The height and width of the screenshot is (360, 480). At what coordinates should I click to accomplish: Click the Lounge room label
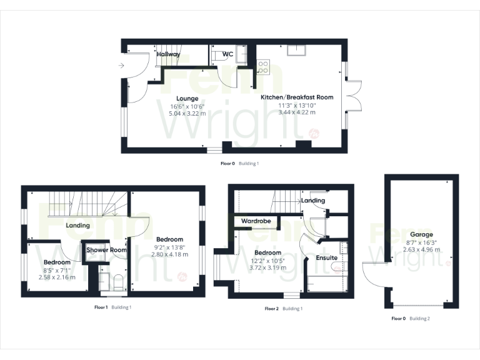(x=187, y=99)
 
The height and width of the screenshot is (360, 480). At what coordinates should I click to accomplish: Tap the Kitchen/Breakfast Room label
(x=297, y=97)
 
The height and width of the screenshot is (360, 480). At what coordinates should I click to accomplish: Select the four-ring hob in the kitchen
(x=262, y=67)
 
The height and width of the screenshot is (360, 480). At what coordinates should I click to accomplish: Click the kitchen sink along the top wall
(x=296, y=50)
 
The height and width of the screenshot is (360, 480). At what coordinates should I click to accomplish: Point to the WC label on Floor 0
(x=227, y=54)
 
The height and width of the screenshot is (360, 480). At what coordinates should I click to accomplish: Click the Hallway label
(x=168, y=54)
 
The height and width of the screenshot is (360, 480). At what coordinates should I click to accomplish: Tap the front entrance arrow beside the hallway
(x=119, y=64)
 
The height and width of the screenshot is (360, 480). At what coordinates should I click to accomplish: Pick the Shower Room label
(x=106, y=250)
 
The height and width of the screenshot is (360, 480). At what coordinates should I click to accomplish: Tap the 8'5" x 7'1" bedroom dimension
(x=56, y=270)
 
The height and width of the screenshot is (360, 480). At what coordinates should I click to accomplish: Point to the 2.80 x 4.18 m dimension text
(x=169, y=254)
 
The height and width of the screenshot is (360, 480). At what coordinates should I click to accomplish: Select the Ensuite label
(x=327, y=257)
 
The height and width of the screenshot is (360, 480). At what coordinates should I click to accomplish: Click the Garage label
(x=422, y=234)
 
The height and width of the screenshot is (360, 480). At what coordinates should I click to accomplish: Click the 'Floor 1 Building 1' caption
(x=112, y=307)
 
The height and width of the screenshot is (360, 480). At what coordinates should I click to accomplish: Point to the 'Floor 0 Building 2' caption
(x=411, y=319)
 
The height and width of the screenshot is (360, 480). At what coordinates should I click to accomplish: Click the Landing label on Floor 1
(x=77, y=225)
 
